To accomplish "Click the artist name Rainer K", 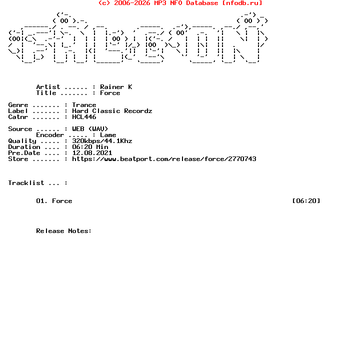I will coord(116,87).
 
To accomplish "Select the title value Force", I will coord(110,93).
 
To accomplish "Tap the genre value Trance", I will coord(84,105).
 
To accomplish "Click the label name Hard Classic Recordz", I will coord(112,111).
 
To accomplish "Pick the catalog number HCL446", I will coord(84,117).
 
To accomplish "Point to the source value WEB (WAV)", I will coord(90,129).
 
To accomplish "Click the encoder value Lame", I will coord(108,135).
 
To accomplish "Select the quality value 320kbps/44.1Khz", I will coord(102,141).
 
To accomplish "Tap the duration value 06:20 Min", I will coord(90,147).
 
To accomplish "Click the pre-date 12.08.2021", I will coord(92,153).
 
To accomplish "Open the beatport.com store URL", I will coord(164,159).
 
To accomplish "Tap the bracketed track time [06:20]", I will coord(306,201).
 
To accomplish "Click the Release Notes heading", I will coord(64,231).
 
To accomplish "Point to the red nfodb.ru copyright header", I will coord(180,3).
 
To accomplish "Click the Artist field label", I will coord(48,87).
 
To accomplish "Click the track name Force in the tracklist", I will coord(62,201).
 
